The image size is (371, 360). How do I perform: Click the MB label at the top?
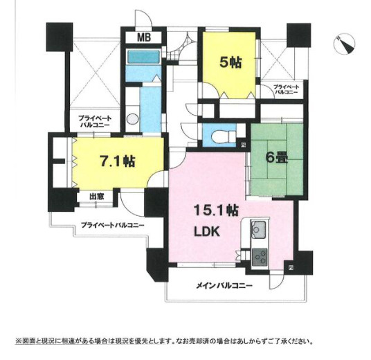(x=143, y=37)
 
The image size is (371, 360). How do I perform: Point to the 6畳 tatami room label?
(x=276, y=156)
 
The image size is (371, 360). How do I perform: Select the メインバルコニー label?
(x=225, y=286)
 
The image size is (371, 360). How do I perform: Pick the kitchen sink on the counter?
(x=260, y=228)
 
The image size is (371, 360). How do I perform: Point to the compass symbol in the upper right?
(x=341, y=44)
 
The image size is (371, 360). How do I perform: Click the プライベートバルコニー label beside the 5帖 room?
(x=286, y=89)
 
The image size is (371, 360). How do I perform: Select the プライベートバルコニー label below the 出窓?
(x=112, y=225)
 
